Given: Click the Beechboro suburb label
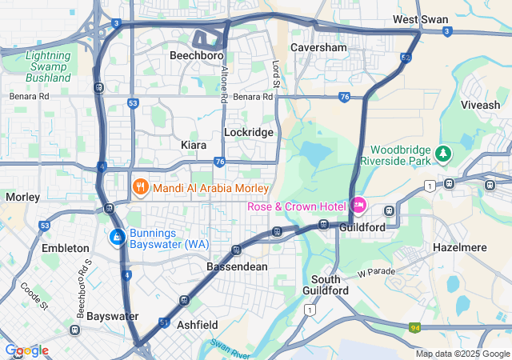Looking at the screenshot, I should (x=196, y=56).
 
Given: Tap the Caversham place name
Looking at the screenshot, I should (x=319, y=47).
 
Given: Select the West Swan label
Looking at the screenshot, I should (x=419, y=19).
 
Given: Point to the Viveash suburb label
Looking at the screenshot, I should (x=480, y=105).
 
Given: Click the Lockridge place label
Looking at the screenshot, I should (x=249, y=132).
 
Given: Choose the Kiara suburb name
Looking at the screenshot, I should (x=194, y=145).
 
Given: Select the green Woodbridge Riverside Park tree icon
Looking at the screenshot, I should (x=443, y=152).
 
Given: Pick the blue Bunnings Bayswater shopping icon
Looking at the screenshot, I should (x=117, y=238).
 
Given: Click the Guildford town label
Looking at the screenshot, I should (x=362, y=226).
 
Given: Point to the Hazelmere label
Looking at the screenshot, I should (x=459, y=248).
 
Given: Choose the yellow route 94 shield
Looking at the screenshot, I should (x=414, y=327).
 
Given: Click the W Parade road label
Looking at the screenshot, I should (x=377, y=272).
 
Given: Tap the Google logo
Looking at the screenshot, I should (x=26, y=350).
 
